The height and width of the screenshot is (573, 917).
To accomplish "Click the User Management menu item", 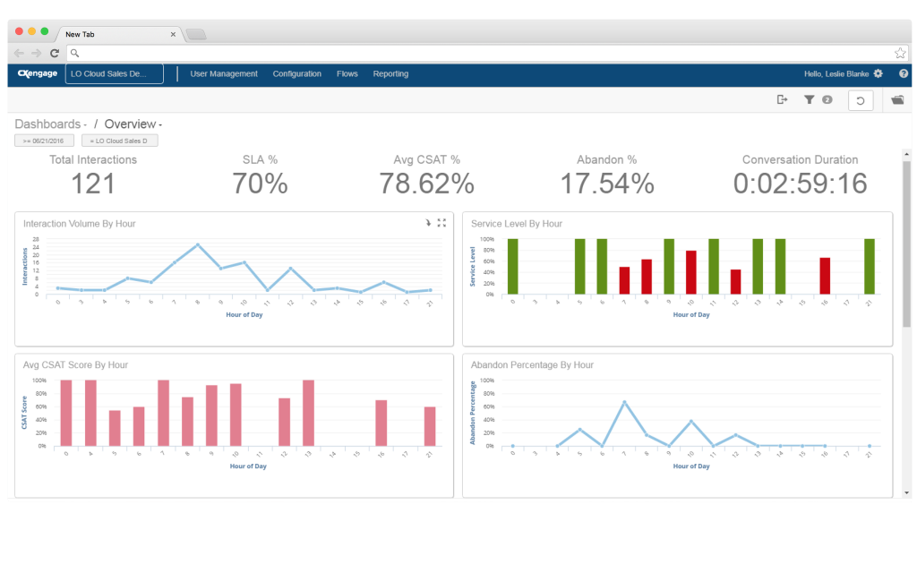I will (224, 74).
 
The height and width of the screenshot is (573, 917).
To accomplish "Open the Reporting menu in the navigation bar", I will (390, 74).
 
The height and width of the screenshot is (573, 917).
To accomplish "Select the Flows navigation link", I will (347, 74).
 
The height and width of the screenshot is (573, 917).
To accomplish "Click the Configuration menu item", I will (297, 74).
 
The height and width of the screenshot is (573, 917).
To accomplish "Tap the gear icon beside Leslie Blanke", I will (878, 73).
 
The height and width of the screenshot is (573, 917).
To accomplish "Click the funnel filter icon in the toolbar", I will (810, 100).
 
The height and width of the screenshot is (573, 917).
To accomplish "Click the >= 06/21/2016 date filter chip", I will (44, 141).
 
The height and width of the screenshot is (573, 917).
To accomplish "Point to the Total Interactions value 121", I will (93, 184).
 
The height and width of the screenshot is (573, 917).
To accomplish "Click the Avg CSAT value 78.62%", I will (426, 184).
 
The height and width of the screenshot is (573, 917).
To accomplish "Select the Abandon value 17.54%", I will (607, 184).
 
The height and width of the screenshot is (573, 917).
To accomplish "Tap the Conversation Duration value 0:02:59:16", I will (800, 184).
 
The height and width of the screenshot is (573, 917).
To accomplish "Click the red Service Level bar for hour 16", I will (825, 276).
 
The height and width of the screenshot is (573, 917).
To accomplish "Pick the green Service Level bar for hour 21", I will (869, 266).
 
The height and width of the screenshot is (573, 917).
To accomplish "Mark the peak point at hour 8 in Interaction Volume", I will (198, 244).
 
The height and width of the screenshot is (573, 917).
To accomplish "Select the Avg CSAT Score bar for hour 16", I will (381, 423).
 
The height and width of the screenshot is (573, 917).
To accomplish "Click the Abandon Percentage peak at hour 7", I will (624, 402).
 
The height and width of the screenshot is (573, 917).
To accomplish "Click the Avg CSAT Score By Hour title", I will (76, 365).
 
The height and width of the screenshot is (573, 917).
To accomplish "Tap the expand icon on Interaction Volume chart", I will (441, 223).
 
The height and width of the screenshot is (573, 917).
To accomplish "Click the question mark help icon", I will (904, 73).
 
